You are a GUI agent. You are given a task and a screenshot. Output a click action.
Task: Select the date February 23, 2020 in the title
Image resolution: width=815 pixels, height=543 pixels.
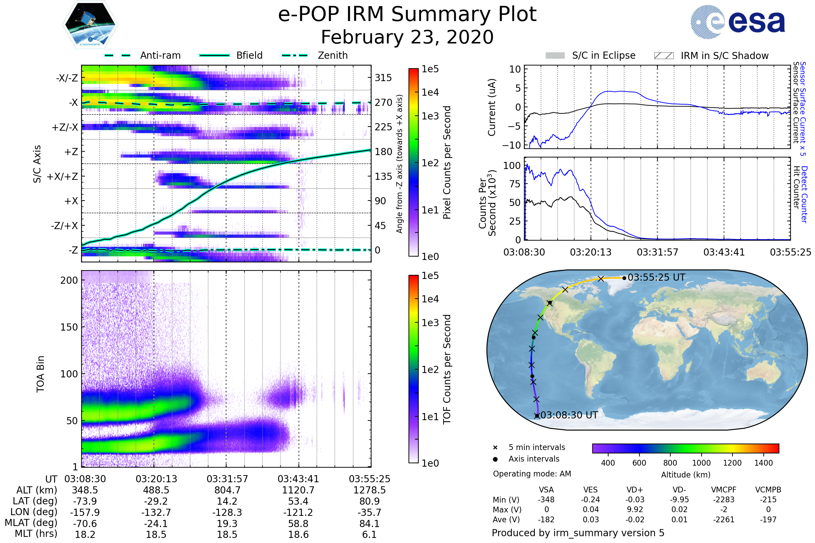[407, 37]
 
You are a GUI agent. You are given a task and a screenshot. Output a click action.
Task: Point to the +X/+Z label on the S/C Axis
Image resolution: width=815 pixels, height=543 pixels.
[62, 176]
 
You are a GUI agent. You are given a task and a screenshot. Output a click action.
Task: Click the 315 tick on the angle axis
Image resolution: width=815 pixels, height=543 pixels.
[383, 78]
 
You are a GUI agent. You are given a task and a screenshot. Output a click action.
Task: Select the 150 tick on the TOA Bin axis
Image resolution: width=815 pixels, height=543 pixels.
[69, 327]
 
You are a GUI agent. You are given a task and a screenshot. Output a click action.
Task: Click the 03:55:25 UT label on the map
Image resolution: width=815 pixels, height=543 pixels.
[656, 277]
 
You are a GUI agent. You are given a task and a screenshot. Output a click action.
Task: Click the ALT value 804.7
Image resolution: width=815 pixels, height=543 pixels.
[227, 490]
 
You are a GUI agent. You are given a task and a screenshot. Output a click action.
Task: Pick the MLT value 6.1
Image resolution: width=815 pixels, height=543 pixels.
[369, 534]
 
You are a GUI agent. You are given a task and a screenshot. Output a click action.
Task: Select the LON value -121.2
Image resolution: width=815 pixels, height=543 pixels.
[298, 512]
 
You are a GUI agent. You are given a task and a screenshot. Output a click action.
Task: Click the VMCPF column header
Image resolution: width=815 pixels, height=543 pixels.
[724, 490]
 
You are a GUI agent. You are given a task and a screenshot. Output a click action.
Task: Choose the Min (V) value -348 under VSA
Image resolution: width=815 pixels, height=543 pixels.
[546, 500]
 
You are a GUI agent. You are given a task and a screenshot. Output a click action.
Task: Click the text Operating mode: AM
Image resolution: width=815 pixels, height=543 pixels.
[532, 474]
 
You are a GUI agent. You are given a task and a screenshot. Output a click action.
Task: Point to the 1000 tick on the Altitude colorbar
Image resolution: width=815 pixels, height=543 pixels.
[701, 463]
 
